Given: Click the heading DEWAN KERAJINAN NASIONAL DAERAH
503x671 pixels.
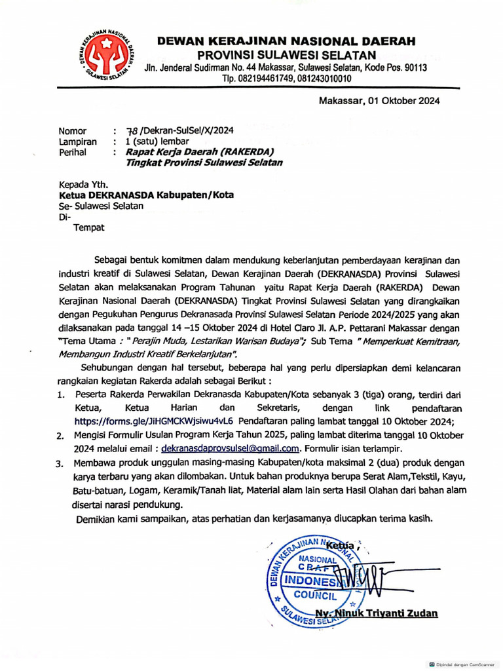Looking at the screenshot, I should point(286,41).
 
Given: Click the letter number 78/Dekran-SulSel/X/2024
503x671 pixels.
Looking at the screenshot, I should point(175,130).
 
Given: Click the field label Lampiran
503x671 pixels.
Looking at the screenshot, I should point(78,141).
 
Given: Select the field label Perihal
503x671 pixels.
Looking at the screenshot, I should point(73,152).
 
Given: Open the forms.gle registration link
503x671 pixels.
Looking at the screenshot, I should point(155,421).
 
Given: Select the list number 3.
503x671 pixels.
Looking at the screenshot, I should point(58,464).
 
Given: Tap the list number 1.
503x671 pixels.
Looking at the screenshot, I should point(60,394).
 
